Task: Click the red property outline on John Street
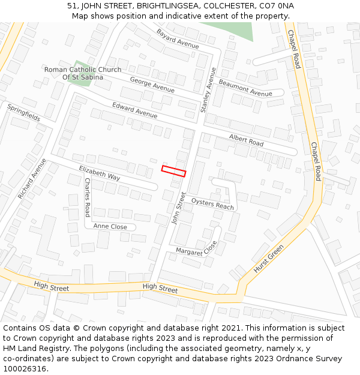pos(173,171)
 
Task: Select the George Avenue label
pos(152,85)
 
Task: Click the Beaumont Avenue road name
pos(245,88)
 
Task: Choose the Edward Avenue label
pos(134,110)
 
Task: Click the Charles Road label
pos(87,197)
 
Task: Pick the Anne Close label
pos(110,226)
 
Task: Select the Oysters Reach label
pos(212,205)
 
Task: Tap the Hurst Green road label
pos(268,259)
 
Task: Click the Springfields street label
pos(24,112)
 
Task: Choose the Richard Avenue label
pos(32,179)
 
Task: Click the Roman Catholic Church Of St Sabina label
pos(83,73)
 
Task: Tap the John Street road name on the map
pos(179,208)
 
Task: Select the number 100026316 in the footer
pos(24,368)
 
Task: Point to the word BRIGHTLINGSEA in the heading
pos(169,5)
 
